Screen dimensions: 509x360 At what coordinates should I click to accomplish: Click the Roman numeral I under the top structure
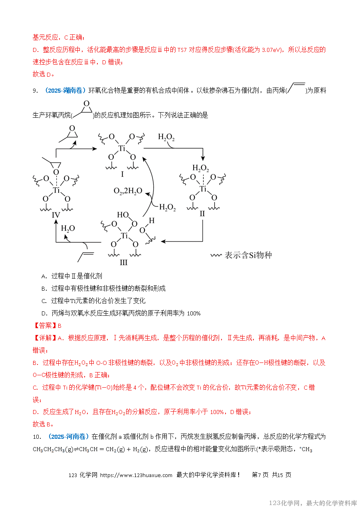(x=122, y=174)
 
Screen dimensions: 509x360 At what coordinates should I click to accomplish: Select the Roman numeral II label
(x=202, y=214)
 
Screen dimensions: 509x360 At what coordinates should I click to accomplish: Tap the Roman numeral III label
(x=123, y=262)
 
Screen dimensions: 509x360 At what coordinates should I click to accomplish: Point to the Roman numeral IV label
(x=56, y=215)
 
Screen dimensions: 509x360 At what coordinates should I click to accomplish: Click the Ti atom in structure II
(x=203, y=189)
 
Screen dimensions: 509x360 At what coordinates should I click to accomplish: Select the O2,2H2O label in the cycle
(x=128, y=191)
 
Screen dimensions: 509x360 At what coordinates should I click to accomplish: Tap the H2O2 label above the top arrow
(x=166, y=137)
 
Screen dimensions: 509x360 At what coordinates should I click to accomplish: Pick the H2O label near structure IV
(x=68, y=228)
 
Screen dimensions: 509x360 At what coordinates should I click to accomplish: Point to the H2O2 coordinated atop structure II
(x=200, y=168)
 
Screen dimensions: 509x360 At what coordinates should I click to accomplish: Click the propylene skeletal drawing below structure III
(x=85, y=256)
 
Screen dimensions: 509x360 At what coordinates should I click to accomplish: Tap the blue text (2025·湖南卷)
(x=64, y=91)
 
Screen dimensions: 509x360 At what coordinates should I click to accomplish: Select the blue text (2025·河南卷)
(x=68, y=436)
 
